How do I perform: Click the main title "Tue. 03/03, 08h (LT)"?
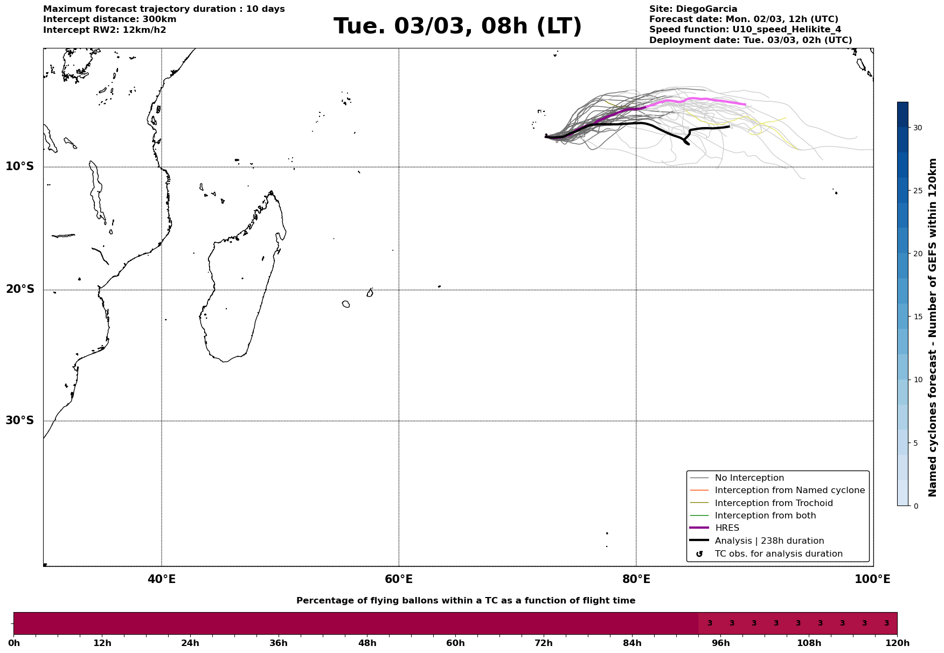(x=457, y=26)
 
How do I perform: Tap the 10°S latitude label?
(x=20, y=166)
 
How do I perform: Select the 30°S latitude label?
(x=20, y=420)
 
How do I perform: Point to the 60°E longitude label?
(x=399, y=579)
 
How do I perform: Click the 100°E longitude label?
(x=872, y=579)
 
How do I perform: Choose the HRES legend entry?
(x=727, y=528)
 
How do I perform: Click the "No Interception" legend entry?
(x=749, y=478)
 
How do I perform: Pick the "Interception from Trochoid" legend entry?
(x=773, y=503)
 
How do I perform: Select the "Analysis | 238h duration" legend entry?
(x=769, y=541)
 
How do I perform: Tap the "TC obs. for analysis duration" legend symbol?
(x=699, y=554)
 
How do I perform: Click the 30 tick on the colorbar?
(x=917, y=128)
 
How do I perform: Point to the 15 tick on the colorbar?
(x=917, y=317)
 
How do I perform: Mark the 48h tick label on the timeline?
(x=367, y=643)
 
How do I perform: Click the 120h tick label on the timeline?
(x=897, y=643)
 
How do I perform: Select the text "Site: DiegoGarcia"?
(x=693, y=9)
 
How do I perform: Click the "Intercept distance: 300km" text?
(x=109, y=19)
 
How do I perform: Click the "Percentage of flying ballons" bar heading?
(x=466, y=601)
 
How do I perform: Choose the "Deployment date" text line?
(x=751, y=40)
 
